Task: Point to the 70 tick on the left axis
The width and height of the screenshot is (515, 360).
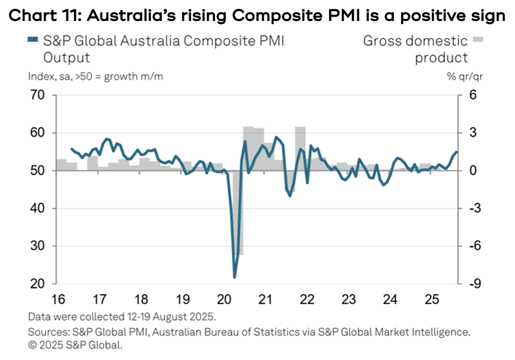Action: point(38,96)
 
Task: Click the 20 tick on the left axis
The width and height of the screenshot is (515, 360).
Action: point(38,284)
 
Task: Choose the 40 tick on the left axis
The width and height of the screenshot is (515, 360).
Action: point(38,209)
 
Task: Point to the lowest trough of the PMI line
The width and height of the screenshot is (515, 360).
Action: point(235,277)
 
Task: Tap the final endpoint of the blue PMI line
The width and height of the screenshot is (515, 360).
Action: point(456,152)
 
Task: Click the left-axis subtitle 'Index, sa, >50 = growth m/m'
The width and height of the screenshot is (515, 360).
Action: point(95,77)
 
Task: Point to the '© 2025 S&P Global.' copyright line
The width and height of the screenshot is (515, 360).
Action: point(76,346)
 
